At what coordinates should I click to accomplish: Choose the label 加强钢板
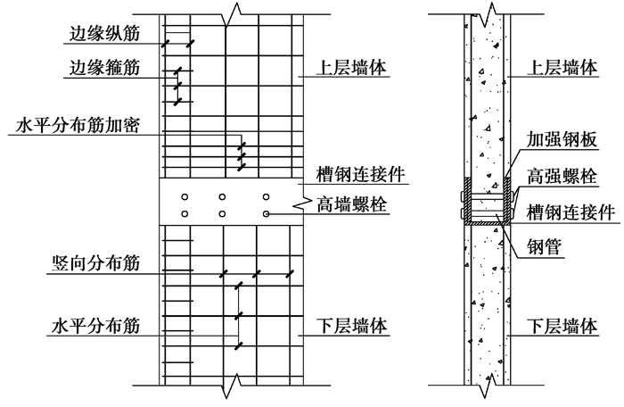coord(561,141)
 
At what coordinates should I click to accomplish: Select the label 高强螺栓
coord(561,176)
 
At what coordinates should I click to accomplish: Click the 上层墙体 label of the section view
coord(562,68)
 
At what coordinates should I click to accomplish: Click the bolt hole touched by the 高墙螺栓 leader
coord(266,214)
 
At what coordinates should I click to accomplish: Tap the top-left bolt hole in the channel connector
coord(184,196)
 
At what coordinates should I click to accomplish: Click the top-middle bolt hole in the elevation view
coord(224,196)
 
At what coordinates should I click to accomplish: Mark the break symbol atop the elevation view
coord(233,15)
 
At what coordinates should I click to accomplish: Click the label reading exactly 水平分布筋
coord(94,319)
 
